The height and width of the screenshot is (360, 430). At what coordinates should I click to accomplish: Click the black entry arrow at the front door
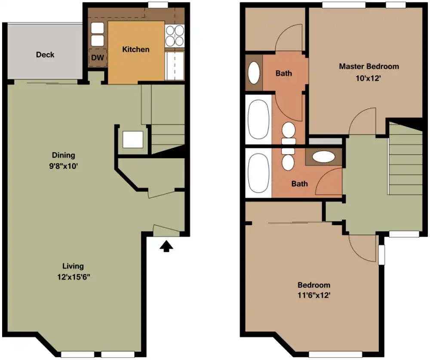[166, 246]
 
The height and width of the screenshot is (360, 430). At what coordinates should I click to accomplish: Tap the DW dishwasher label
[98, 58]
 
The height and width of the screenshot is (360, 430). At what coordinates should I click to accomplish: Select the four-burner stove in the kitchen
[175, 35]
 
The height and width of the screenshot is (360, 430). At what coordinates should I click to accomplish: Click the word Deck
[45, 55]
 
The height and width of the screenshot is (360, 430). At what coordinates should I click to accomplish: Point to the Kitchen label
[136, 49]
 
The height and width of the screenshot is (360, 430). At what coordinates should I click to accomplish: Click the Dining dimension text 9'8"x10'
[64, 166]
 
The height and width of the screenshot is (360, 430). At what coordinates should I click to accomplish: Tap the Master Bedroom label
[369, 66]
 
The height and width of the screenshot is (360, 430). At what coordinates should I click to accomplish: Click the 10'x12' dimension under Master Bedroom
[369, 78]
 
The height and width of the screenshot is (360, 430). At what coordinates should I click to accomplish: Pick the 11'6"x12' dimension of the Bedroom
[314, 295]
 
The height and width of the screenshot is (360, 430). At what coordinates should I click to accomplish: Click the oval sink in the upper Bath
[254, 73]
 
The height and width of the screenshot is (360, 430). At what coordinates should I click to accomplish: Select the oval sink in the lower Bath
[324, 157]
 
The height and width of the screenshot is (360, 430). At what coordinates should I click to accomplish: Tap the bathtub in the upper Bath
[258, 119]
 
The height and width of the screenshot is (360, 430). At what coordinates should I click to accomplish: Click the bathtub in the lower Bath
[258, 173]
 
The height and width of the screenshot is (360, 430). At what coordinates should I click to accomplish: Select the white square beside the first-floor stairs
[133, 140]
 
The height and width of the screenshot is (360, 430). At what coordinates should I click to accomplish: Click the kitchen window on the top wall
[158, 5]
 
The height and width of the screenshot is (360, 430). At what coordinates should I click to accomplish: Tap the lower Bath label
[299, 183]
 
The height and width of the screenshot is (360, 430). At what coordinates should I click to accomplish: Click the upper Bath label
[283, 73]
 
